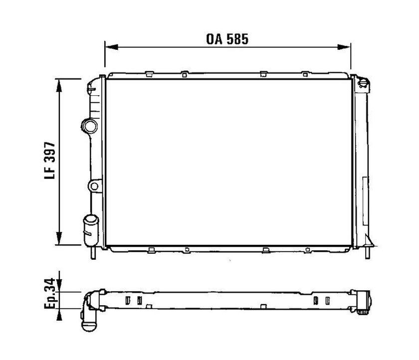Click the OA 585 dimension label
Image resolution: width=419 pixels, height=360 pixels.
227,39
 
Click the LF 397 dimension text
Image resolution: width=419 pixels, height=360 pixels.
50,161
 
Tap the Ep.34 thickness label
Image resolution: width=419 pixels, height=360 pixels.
50,293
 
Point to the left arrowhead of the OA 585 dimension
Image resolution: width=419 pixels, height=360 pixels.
112,47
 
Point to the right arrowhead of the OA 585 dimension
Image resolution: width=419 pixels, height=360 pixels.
344,47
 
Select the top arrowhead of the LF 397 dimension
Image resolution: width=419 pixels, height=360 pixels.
59,85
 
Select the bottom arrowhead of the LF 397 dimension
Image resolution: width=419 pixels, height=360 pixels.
59,238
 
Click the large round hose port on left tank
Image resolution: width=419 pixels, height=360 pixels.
89,126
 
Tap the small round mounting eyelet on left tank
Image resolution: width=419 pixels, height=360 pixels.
94,186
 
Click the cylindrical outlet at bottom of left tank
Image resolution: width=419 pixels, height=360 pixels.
91,230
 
